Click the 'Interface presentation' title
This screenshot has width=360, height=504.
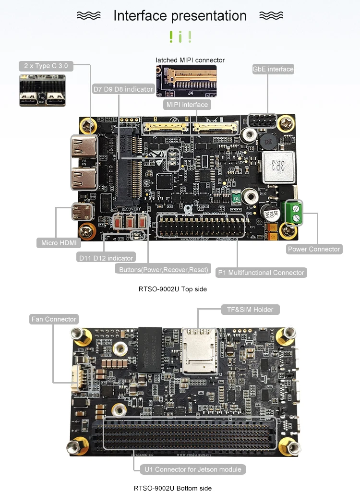pos(180,16)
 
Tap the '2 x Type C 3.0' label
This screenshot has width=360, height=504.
pos(46,66)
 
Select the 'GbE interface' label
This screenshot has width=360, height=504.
pos(273,69)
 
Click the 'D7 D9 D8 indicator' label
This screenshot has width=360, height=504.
pos(123,89)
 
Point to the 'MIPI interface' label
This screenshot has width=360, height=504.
pos(187,105)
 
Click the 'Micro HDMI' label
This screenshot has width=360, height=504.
pos(59,243)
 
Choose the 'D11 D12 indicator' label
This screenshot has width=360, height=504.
pos(107,258)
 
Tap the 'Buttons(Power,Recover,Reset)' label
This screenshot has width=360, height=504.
pos(164,270)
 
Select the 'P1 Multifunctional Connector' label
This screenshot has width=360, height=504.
pos(261,273)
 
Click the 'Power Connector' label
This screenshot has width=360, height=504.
pos(314,249)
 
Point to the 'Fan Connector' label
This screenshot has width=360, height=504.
pos(54,319)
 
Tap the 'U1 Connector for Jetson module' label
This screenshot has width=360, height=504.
pos(193,469)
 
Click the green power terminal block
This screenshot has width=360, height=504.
pos(294,213)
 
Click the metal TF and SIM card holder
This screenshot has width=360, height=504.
pos(200,350)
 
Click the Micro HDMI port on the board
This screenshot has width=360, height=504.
pos(82,211)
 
